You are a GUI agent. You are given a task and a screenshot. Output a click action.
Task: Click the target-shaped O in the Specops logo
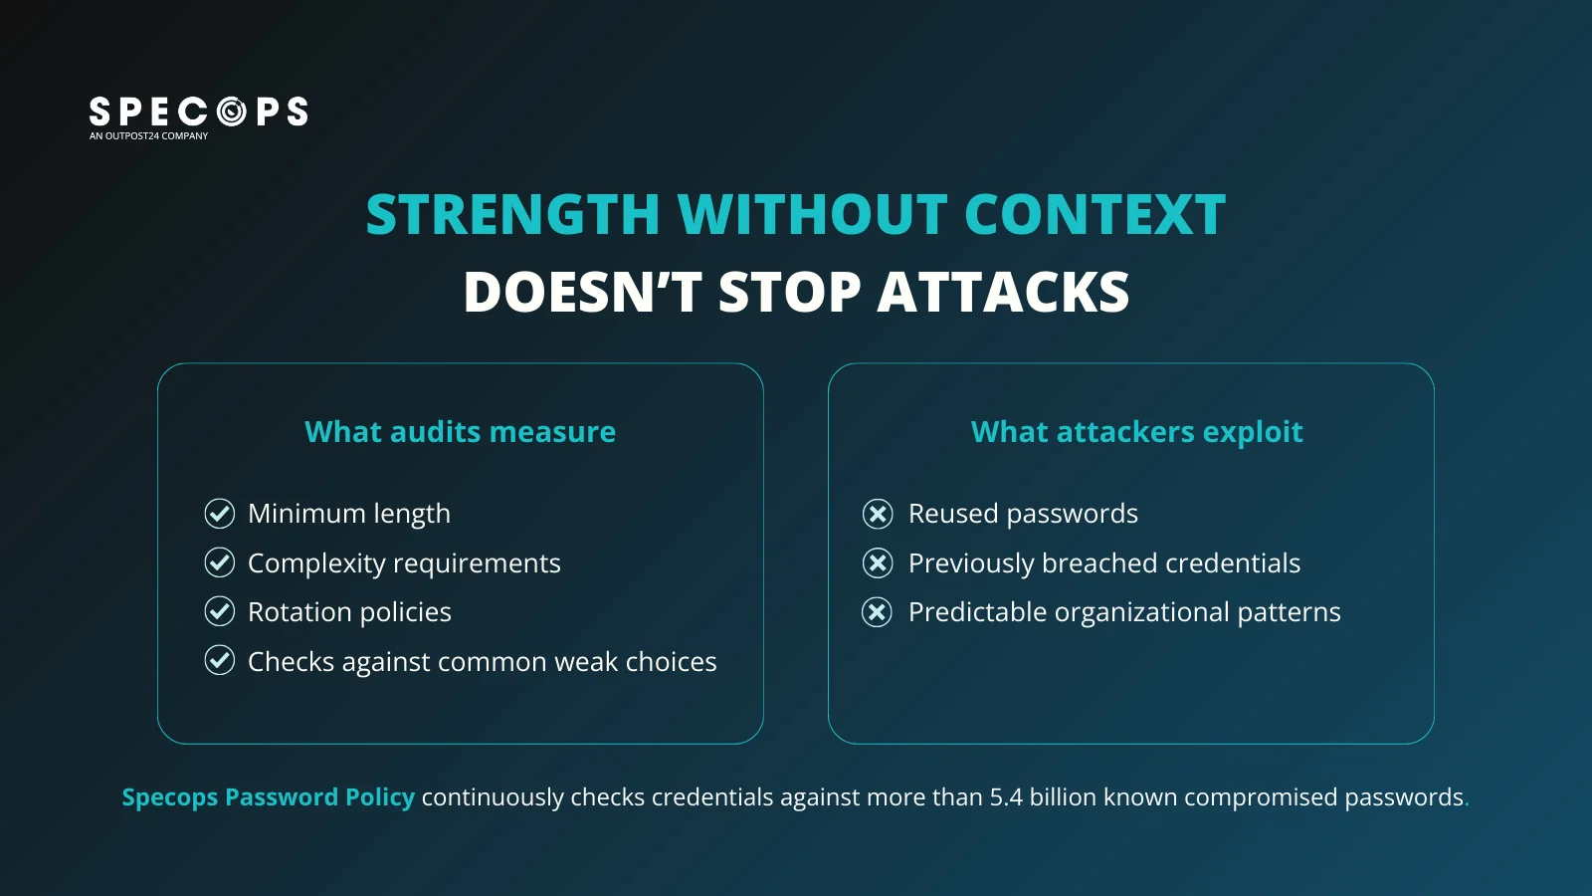(231, 112)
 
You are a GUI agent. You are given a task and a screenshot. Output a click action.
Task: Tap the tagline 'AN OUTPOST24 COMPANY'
(148, 135)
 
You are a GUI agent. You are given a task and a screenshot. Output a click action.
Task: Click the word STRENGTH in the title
(513, 214)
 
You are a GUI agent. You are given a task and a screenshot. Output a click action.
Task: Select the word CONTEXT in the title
(1095, 214)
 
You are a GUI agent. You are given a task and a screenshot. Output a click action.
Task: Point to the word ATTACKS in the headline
(1004, 292)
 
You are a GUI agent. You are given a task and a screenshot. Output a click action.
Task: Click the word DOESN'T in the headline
(583, 292)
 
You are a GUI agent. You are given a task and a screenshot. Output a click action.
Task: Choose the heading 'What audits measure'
(461, 432)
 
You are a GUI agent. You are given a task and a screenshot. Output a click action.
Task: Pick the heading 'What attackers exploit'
(1137, 432)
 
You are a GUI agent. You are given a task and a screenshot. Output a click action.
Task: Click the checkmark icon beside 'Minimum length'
(220, 514)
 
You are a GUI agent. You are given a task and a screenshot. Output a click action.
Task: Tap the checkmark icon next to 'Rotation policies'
(220, 611)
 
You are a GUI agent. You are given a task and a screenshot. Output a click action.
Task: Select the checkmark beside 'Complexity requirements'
(220, 562)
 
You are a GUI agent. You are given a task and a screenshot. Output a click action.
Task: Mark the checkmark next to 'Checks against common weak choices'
(220, 661)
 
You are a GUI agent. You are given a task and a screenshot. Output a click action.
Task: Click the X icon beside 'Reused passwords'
(878, 514)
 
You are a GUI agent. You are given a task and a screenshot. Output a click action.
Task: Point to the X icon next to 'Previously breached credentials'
(878, 562)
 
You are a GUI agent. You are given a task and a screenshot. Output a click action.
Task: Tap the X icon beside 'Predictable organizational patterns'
(878, 611)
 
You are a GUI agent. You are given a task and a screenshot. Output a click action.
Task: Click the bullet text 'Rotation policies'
(349, 612)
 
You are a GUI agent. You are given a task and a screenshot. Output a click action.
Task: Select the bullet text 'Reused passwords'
(1024, 514)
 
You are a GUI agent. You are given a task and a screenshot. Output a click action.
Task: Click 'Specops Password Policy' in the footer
(269, 797)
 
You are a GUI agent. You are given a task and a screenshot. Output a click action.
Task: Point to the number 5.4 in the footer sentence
(1006, 797)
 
